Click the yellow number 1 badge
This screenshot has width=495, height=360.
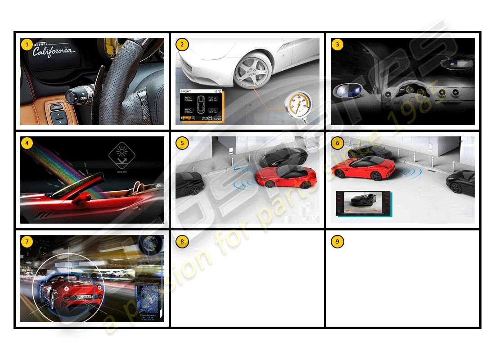27,44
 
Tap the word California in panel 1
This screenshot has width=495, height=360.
54,51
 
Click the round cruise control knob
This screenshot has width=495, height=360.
73,96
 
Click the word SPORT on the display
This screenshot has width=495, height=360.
186,91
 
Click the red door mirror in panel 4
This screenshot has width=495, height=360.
82,198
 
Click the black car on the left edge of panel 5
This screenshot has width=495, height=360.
189,183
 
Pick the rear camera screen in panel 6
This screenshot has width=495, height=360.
364,203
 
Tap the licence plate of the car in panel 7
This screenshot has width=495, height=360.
85,297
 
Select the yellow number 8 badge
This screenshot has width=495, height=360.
182,241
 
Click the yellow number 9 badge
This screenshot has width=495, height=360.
337,241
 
